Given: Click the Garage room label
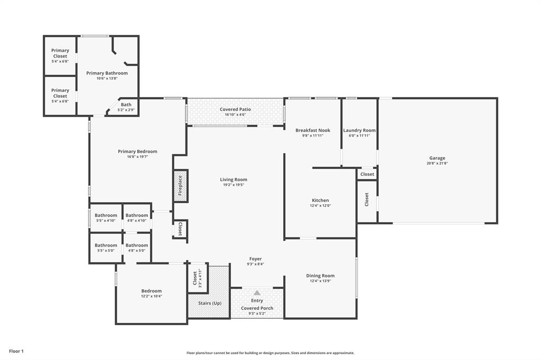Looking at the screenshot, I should click(x=437, y=158).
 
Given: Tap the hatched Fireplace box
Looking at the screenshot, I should click(x=181, y=186).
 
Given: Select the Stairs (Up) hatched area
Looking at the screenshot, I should click(x=209, y=304).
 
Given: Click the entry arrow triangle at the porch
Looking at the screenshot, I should click(x=257, y=292).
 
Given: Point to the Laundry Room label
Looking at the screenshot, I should click(x=359, y=130).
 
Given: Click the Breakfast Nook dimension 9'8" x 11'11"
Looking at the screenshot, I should click(x=313, y=136).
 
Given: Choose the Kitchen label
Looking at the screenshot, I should click(x=320, y=201).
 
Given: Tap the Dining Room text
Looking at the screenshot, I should click(x=320, y=276).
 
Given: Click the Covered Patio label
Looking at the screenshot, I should click(x=236, y=109).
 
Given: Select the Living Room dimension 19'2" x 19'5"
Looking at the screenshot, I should click(x=234, y=185).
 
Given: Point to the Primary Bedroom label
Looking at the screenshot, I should click(x=137, y=151).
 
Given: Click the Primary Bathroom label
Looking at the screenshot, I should click(x=107, y=73).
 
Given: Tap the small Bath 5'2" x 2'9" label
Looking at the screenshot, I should click(x=126, y=105).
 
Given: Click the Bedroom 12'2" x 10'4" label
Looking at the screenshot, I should click(x=151, y=291).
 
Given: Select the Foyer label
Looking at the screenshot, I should click(x=256, y=259).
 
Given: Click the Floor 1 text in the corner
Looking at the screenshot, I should click(x=16, y=351).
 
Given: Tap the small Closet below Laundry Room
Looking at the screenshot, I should click(x=367, y=174).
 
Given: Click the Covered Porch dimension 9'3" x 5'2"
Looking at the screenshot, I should click(x=257, y=314).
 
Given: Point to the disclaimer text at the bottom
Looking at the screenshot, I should click(x=270, y=353).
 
